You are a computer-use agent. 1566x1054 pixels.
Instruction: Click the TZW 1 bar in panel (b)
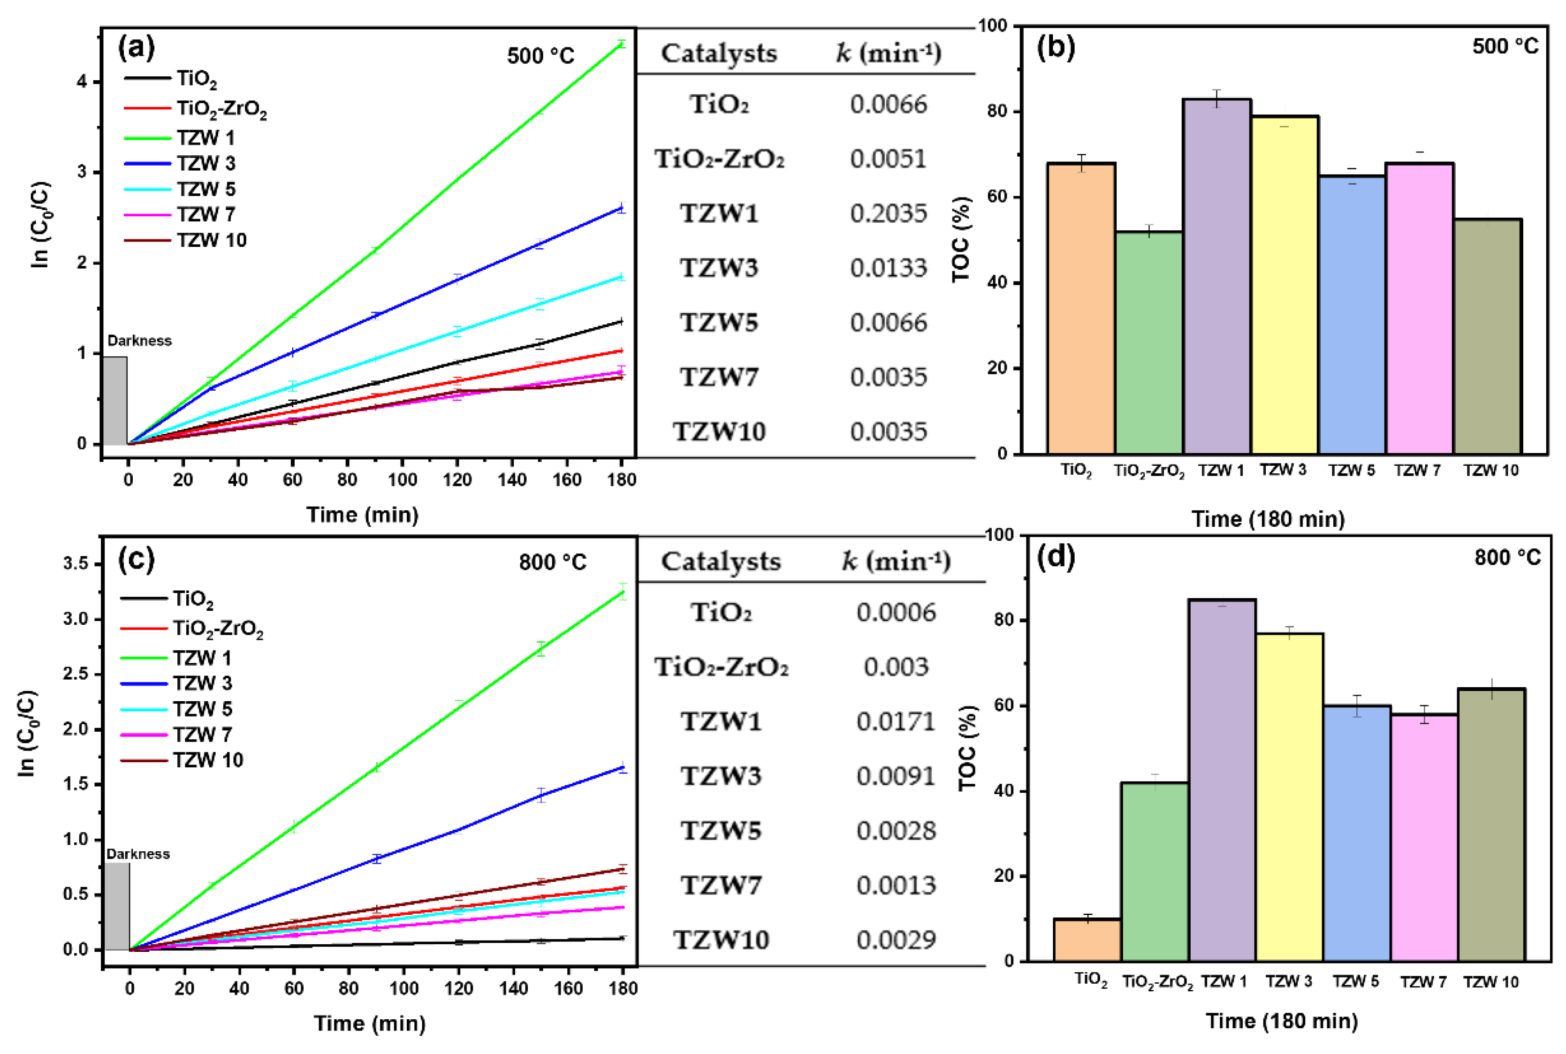pyautogui.click(x=1216, y=276)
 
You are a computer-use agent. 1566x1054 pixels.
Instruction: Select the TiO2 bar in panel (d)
pyautogui.click(x=1087, y=940)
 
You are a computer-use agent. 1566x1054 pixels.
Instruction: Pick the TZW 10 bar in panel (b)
pyautogui.click(x=1487, y=336)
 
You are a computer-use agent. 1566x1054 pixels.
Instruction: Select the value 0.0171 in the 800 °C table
pyautogui.click(x=895, y=722)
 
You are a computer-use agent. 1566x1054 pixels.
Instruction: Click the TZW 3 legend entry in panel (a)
pyautogui.click(x=205, y=163)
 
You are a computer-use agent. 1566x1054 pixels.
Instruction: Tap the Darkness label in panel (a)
pyautogui.click(x=139, y=341)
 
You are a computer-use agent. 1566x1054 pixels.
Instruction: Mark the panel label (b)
pyautogui.click(x=1056, y=48)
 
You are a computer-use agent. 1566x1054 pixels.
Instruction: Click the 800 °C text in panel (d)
pyautogui.click(x=1507, y=558)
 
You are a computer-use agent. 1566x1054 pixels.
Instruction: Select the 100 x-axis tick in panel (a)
pyautogui.click(x=402, y=480)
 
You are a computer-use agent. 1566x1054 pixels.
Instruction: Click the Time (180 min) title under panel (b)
pyautogui.click(x=1268, y=519)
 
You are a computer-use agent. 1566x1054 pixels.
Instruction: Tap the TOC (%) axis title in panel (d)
pyautogui.click(x=966, y=748)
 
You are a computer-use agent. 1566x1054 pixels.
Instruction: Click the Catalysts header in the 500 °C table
pyautogui.click(x=718, y=53)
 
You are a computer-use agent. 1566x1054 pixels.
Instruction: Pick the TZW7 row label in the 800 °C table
pyautogui.click(x=721, y=885)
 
